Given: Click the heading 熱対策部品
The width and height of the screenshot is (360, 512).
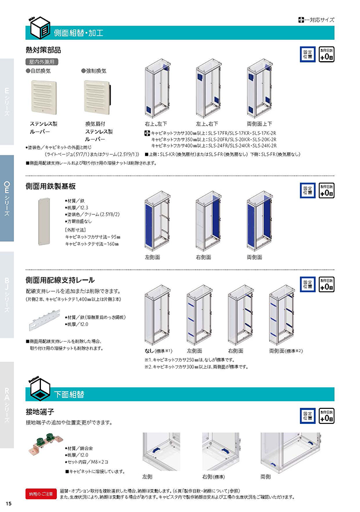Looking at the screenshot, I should pyautogui.click(x=43, y=49).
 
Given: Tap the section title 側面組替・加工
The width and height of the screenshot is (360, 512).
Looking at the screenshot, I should pyautogui.click(x=78, y=32).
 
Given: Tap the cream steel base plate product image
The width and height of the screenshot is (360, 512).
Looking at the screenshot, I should pyautogui.click(x=43, y=220).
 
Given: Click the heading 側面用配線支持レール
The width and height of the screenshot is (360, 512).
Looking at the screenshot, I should pyautogui.click(x=60, y=280).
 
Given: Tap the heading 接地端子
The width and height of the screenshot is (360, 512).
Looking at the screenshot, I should pyautogui.click(x=40, y=412).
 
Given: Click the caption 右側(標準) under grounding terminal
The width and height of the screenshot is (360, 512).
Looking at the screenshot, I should pyautogui.click(x=213, y=477).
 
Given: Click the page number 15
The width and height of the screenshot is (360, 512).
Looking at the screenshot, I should pyautogui.click(x=9, y=503).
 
